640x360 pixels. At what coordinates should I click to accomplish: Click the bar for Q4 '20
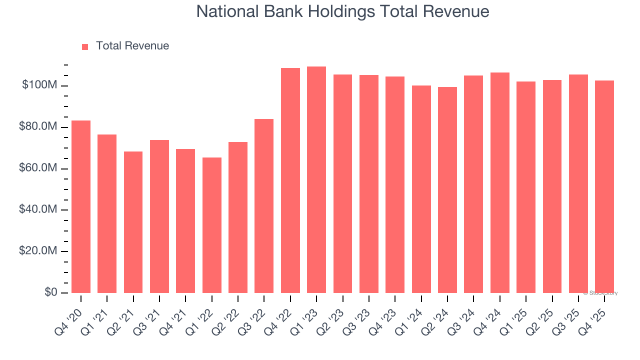(x=81, y=206)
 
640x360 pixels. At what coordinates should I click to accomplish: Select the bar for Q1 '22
(x=211, y=225)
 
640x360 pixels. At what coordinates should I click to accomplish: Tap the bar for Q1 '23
(x=316, y=179)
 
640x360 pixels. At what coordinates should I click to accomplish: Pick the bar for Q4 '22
(x=290, y=180)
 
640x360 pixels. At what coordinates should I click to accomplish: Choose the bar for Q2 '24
(x=447, y=190)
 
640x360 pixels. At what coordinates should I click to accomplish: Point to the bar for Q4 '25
(x=604, y=186)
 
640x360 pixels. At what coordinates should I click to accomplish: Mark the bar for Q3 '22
(x=264, y=206)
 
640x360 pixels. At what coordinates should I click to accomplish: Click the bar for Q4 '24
(x=500, y=182)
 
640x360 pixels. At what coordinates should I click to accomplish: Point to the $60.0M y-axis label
(x=37, y=168)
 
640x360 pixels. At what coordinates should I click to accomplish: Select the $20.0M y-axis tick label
(x=37, y=251)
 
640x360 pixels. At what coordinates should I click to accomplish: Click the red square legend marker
(x=85, y=46)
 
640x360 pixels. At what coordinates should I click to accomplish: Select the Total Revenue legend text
(x=132, y=46)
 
